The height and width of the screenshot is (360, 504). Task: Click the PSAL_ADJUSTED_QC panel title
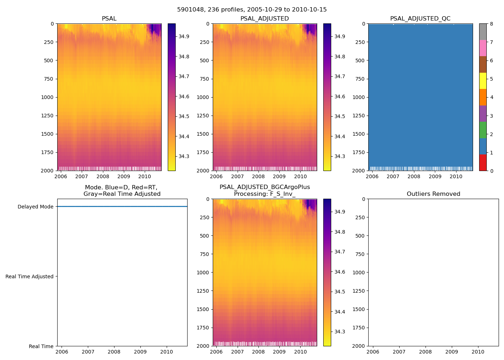[x=420, y=19]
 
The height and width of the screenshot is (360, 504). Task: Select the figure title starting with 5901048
[x=252, y=10]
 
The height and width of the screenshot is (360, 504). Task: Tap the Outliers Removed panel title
[x=433, y=194]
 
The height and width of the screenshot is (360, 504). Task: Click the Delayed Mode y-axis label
[x=35, y=207]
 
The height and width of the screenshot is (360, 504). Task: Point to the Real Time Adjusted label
[x=30, y=276]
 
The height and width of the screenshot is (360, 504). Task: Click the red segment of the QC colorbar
[x=483, y=163]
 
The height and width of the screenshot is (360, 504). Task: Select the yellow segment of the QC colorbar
[x=483, y=81]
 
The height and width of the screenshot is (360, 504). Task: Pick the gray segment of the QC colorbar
[x=483, y=32]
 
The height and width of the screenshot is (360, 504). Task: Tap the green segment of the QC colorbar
[x=483, y=130]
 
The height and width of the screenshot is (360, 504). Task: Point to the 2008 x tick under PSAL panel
[x=103, y=176]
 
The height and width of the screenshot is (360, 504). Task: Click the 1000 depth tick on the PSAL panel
[x=48, y=97]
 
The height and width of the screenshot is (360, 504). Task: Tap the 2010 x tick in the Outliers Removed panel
[x=478, y=352]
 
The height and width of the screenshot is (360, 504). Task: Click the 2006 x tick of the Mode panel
[x=62, y=352]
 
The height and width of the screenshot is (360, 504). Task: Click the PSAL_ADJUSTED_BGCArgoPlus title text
[x=265, y=187]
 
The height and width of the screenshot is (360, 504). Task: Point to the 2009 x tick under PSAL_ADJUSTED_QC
[x=435, y=176]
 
